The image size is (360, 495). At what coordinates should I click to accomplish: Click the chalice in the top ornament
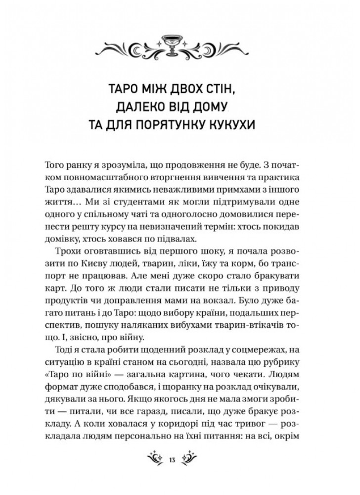pyautogui.click(x=180, y=48)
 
